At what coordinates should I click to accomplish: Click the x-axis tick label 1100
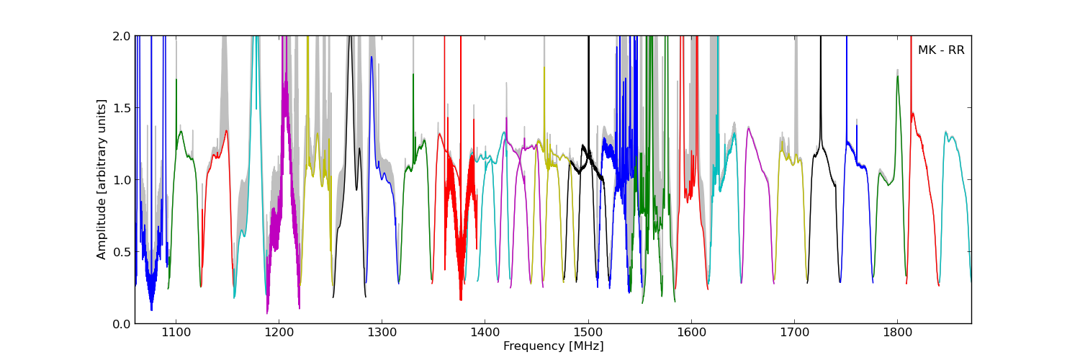point(176,333)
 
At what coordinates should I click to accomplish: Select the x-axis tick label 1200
point(279,333)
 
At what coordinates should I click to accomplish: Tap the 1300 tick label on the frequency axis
point(382,333)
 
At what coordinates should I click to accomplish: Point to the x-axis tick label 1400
point(485,333)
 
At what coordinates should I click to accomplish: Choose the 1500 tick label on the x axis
point(588,333)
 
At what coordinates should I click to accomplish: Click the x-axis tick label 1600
point(691,333)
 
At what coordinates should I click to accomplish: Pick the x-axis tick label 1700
point(794,333)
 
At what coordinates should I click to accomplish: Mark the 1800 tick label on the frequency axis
point(897,333)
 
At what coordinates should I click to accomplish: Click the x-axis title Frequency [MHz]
point(553,346)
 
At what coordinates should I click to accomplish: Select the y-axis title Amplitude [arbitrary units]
point(102,179)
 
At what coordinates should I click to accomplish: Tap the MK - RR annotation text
point(940,50)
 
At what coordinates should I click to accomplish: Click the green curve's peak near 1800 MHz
point(897,76)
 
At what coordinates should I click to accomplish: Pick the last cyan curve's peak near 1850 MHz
point(946,132)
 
